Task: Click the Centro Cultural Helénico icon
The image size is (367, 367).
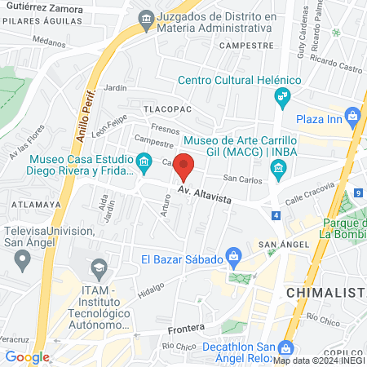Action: click(x=281, y=98)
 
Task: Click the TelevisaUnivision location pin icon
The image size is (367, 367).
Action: click(x=23, y=260)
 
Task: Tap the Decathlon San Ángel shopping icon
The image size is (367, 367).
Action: click(x=285, y=347)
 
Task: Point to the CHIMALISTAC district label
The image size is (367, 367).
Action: click(x=325, y=291)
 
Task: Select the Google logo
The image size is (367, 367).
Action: click(x=28, y=356)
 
